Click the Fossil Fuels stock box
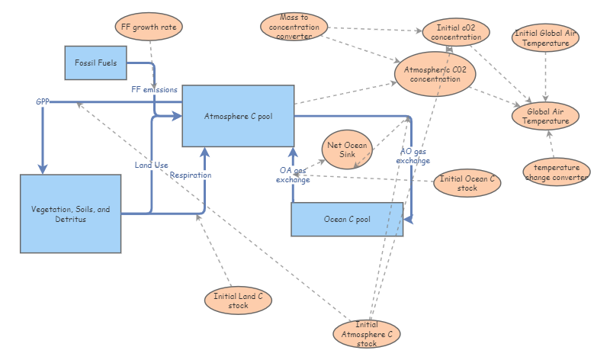pos(96,63)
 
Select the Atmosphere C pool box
pos(238,116)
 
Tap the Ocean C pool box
pos(347,219)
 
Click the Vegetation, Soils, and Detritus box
pos(70,214)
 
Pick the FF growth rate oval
pos(149,27)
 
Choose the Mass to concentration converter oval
pos(294,27)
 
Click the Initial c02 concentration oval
pos(456,32)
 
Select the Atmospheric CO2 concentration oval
pos(435,74)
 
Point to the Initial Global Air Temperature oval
pos(545,37)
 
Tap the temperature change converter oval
pos(557,172)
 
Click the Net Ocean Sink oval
pos(347,149)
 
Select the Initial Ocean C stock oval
pos(467,183)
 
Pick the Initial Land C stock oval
pos(238,301)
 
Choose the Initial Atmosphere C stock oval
pos(367,334)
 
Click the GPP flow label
pos(43,101)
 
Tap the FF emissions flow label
pos(155,89)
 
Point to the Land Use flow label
pos(151,165)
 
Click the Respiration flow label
pos(191,175)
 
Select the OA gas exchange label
pos(293,175)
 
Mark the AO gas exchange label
pos(413,156)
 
